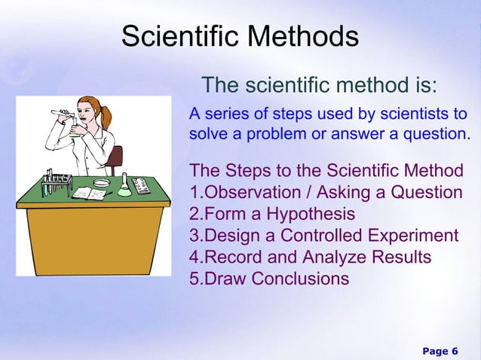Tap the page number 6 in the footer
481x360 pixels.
point(454,351)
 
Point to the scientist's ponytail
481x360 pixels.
point(106,116)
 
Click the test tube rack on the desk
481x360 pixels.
point(57,182)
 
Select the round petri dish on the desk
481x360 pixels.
point(101,182)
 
